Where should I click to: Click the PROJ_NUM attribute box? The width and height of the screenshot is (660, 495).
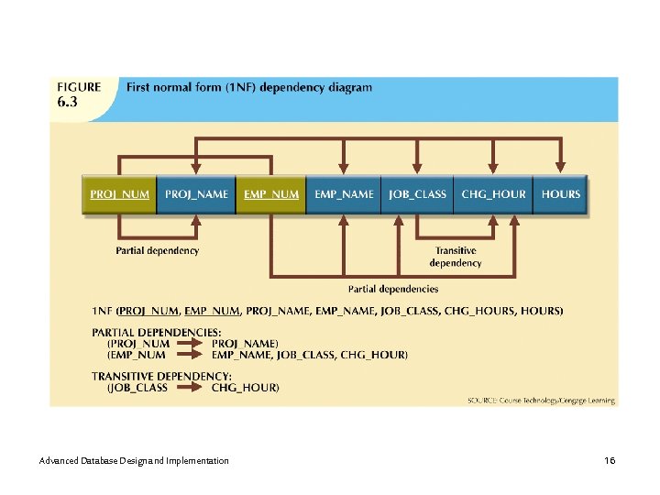(x=119, y=194)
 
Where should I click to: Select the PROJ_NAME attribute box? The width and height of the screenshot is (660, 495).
(x=196, y=194)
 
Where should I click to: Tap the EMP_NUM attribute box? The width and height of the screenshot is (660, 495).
(x=270, y=194)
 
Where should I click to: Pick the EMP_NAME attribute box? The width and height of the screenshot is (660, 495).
(x=344, y=194)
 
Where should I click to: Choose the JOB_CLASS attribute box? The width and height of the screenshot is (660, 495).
(x=417, y=194)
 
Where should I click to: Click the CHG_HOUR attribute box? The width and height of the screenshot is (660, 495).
(x=493, y=194)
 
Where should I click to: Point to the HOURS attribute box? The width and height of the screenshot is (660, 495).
(x=560, y=194)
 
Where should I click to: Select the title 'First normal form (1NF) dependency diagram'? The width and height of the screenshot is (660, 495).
(x=249, y=88)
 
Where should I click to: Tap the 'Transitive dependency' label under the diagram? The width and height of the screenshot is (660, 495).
(x=455, y=257)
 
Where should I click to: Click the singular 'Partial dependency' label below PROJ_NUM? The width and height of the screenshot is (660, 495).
(x=157, y=250)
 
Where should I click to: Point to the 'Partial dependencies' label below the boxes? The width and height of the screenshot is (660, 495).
(x=393, y=289)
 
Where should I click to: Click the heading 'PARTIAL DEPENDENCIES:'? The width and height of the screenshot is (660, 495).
(x=156, y=332)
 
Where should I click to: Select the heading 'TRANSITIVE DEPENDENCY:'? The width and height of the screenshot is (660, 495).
(x=161, y=376)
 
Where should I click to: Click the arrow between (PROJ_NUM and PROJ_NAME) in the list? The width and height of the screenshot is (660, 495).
(x=190, y=343)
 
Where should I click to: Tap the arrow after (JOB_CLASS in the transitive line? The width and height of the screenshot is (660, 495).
(x=190, y=388)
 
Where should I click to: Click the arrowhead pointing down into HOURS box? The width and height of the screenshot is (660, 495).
(x=560, y=169)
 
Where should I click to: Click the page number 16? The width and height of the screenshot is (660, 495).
(x=610, y=460)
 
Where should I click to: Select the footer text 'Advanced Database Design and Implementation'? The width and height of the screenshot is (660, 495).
(x=135, y=460)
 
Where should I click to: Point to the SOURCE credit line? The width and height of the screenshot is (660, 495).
(x=540, y=401)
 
